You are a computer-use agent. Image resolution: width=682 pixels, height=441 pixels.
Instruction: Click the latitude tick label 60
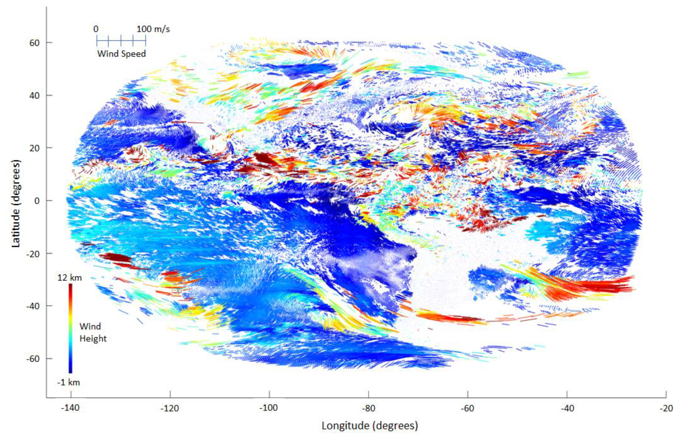pos(34,43)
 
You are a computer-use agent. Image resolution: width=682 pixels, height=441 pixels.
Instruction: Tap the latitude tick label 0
pos(37,201)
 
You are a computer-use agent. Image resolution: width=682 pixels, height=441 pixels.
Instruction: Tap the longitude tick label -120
pos(170,408)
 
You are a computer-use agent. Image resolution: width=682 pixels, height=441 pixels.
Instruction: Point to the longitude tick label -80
pos(368,408)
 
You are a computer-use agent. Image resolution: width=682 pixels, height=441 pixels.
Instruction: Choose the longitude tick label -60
pos(468,408)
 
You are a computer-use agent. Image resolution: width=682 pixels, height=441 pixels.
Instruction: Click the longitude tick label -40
pos(567,408)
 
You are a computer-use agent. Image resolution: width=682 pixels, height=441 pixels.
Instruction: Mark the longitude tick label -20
pos(666,408)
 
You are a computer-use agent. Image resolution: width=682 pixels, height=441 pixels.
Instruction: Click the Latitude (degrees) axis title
pos(16,204)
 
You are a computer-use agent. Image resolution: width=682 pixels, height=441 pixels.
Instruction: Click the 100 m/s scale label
pos(153,29)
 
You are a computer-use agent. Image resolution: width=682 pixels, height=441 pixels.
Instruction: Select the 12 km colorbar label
pos(70,278)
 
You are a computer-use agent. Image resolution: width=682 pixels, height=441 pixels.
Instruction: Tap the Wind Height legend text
pos(93,333)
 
